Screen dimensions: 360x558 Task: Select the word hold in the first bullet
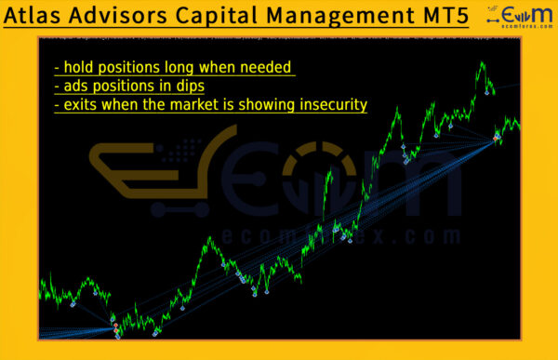tap(79, 67)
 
